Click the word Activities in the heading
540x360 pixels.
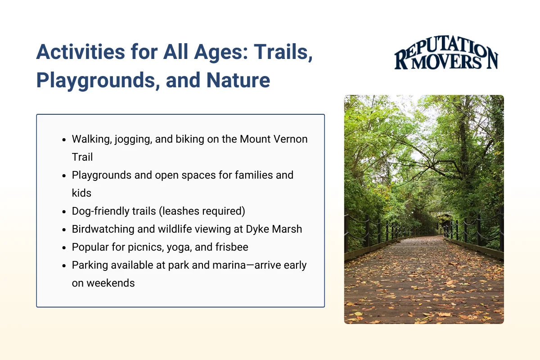[81, 52]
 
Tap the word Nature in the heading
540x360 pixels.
[238, 80]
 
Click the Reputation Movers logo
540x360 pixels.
[446, 53]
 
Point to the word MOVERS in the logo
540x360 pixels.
[446, 62]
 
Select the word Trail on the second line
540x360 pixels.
[82, 157]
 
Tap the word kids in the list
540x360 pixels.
[81, 193]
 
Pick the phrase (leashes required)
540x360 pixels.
[202, 211]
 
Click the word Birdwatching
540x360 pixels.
[103, 229]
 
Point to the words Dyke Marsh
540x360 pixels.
[274, 229]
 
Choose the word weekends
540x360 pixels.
[110, 283]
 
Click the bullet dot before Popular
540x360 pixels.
[64, 248]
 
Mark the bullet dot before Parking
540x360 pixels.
[64, 266]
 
